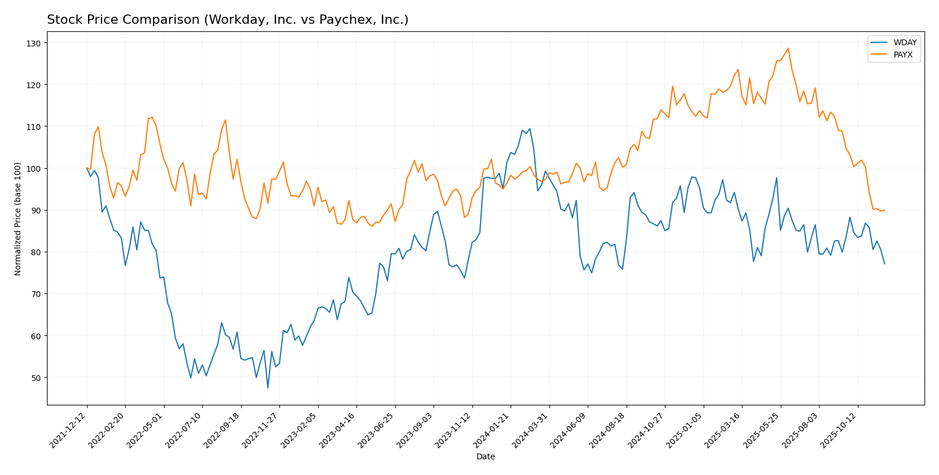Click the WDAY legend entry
905,43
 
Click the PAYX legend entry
903,55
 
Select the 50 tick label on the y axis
36,378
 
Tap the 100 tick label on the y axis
34,168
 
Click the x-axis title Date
486,456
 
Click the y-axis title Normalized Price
18,219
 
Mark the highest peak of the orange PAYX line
788,48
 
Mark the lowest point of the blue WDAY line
268,388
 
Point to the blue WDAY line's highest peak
530,129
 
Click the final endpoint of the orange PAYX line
885,210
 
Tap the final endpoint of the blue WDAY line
885,264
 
